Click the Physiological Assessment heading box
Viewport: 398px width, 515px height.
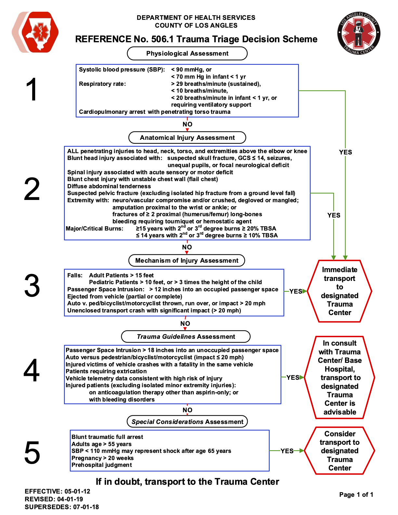click(187, 54)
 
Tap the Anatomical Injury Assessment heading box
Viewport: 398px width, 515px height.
click(187, 138)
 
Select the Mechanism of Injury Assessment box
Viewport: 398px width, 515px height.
click(187, 260)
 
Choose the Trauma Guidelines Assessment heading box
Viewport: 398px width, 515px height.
click(186, 337)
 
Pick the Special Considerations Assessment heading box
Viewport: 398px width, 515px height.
click(187, 422)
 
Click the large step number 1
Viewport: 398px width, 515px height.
click(32, 89)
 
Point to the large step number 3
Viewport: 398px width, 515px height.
click(32, 286)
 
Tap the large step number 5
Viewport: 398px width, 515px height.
click(32, 453)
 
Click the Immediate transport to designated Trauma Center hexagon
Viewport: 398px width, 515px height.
click(339, 291)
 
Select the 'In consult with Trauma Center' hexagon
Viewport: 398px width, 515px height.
click(339, 377)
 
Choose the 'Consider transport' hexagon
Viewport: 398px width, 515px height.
click(339, 451)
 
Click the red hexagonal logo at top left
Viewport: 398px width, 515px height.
click(35, 32)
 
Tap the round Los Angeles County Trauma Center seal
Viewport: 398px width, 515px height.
click(359, 33)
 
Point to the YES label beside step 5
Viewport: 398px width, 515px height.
click(287, 451)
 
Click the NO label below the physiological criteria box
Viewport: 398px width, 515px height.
click(187, 124)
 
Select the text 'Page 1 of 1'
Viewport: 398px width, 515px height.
click(356, 495)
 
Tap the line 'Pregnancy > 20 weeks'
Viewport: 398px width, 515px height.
click(102, 458)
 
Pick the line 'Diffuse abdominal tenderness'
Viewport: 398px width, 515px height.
click(109, 186)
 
